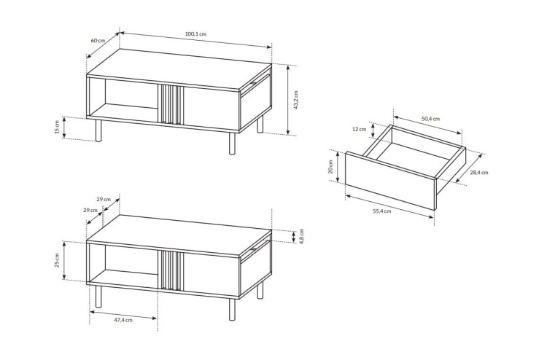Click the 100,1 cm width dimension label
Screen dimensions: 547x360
(x=195, y=34)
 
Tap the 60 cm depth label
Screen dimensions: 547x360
(x=98, y=40)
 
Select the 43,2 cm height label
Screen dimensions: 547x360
(x=296, y=100)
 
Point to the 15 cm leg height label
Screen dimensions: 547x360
(x=56, y=127)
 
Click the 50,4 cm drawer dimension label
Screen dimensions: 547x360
(x=430, y=119)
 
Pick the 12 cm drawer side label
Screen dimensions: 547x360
(x=360, y=129)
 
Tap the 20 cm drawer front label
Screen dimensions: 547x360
(x=330, y=167)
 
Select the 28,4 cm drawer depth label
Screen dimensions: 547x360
(x=479, y=172)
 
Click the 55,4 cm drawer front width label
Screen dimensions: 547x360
(x=382, y=211)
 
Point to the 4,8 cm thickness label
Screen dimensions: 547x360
(x=302, y=236)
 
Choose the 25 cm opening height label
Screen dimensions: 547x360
(x=56, y=260)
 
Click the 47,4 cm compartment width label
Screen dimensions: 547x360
(x=123, y=320)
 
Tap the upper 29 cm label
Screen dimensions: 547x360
(x=104, y=200)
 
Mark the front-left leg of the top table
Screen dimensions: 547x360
(x=98, y=130)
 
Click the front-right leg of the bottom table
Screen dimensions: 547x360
(x=233, y=310)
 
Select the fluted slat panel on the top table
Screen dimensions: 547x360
(x=171, y=104)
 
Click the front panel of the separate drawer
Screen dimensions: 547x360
(x=391, y=181)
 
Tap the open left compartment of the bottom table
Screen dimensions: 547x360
(x=123, y=265)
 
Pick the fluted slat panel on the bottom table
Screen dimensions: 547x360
(x=171, y=270)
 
